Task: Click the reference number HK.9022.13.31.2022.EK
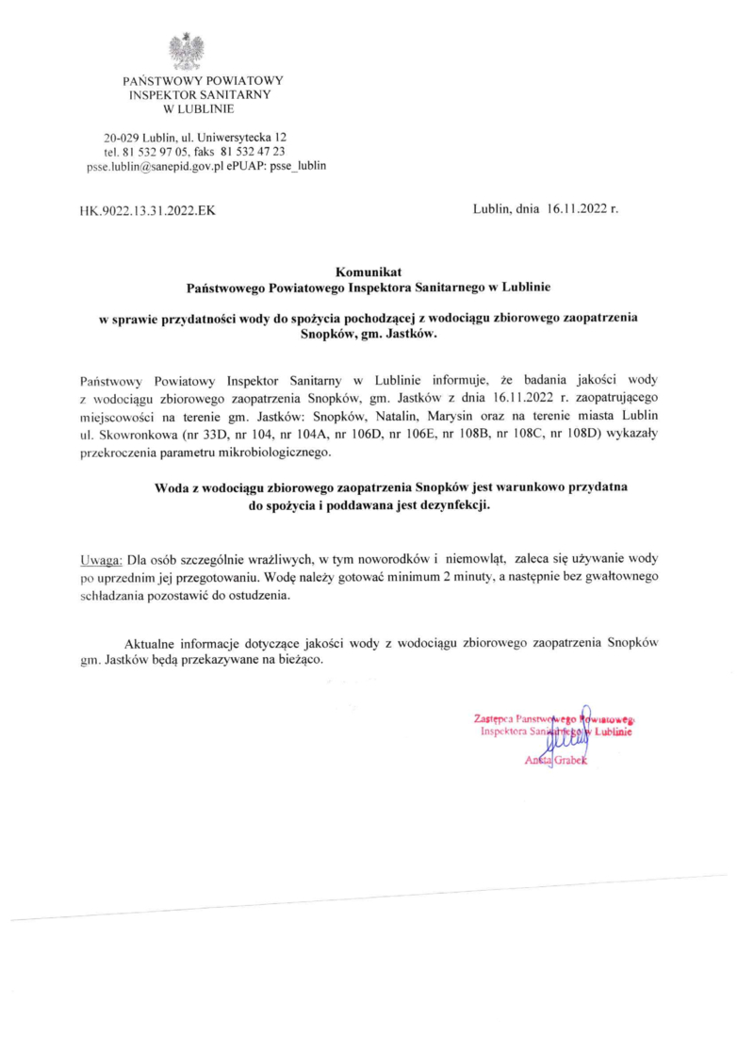click(x=148, y=211)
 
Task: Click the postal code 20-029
click(x=123, y=138)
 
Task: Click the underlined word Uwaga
click(x=101, y=557)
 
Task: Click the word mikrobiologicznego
click(x=280, y=453)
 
